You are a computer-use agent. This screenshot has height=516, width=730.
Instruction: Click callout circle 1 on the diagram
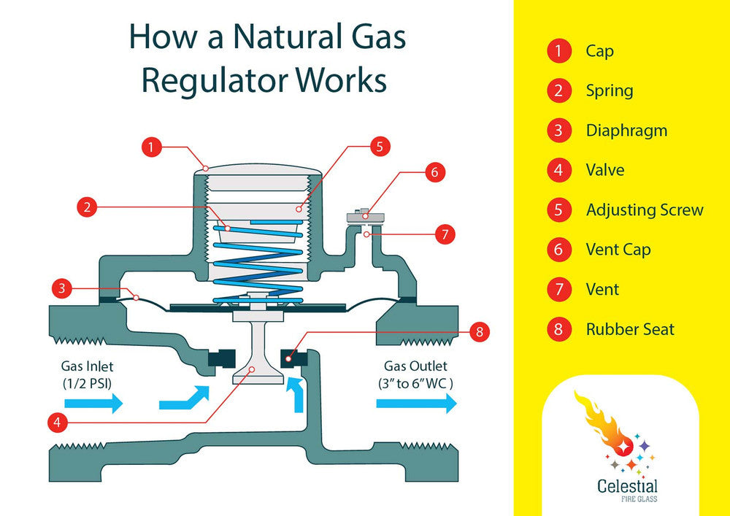point(150,147)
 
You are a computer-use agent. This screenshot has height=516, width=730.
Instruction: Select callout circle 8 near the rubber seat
point(479,332)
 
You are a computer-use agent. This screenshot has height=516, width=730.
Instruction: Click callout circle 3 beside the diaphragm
point(63,288)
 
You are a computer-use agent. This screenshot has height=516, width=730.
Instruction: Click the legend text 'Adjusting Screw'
point(644,210)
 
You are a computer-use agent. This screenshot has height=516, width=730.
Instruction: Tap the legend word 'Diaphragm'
point(626,131)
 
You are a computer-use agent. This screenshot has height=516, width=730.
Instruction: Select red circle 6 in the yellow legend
point(558,250)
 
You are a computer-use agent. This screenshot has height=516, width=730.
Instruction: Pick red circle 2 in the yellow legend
point(558,91)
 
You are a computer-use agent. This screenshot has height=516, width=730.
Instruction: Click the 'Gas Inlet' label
point(88,366)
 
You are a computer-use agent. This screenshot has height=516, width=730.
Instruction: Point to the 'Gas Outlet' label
point(415,366)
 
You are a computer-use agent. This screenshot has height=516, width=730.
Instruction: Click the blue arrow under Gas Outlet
point(416,404)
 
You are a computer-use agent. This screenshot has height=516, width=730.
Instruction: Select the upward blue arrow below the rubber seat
point(298,394)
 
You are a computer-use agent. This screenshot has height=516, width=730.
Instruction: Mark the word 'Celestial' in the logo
point(627,486)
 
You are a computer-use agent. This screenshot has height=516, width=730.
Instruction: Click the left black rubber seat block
point(220,358)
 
